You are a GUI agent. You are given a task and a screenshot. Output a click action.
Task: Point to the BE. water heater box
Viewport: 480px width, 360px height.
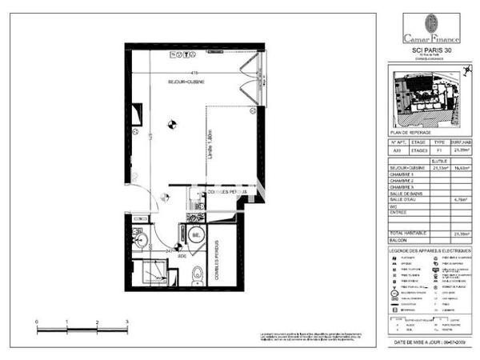196,237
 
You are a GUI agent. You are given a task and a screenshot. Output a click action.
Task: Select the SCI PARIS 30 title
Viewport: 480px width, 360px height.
430,49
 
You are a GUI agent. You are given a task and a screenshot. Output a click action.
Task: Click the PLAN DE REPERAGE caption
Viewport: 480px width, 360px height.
410,132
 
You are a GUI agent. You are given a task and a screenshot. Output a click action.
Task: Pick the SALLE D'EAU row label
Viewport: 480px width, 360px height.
406,198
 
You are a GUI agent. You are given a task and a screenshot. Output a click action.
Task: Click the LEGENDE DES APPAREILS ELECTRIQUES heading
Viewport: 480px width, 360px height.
430,251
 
